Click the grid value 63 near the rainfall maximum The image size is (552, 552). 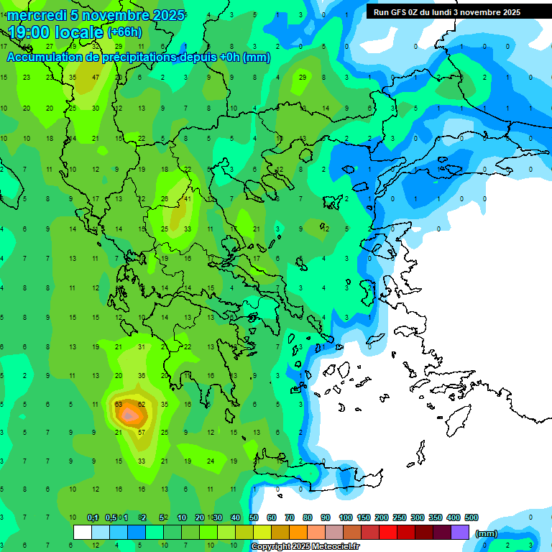[x=119, y=404]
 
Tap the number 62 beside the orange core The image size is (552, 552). [x=142, y=404]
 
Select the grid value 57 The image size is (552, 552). [x=142, y=432]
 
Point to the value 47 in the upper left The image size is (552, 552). [x=96, y=77]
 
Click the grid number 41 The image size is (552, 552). [x=188, y=198]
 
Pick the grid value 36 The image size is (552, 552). [x=142, y=375]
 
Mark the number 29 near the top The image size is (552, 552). [x=303, y=77]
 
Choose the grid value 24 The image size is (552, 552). [x=211, y=461]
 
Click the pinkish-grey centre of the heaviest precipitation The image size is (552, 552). [x=129, y=415]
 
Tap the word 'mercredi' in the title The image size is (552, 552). [x=37, y=15]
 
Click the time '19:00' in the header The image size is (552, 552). [x=33, y=32]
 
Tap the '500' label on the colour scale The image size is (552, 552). [x=471, y=517]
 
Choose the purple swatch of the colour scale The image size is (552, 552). [x=460, y=532]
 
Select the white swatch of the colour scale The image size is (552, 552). [x=83, y=532]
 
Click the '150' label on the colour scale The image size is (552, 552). [x=363, y=517]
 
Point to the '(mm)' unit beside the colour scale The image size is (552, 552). [x=487, y=533]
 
